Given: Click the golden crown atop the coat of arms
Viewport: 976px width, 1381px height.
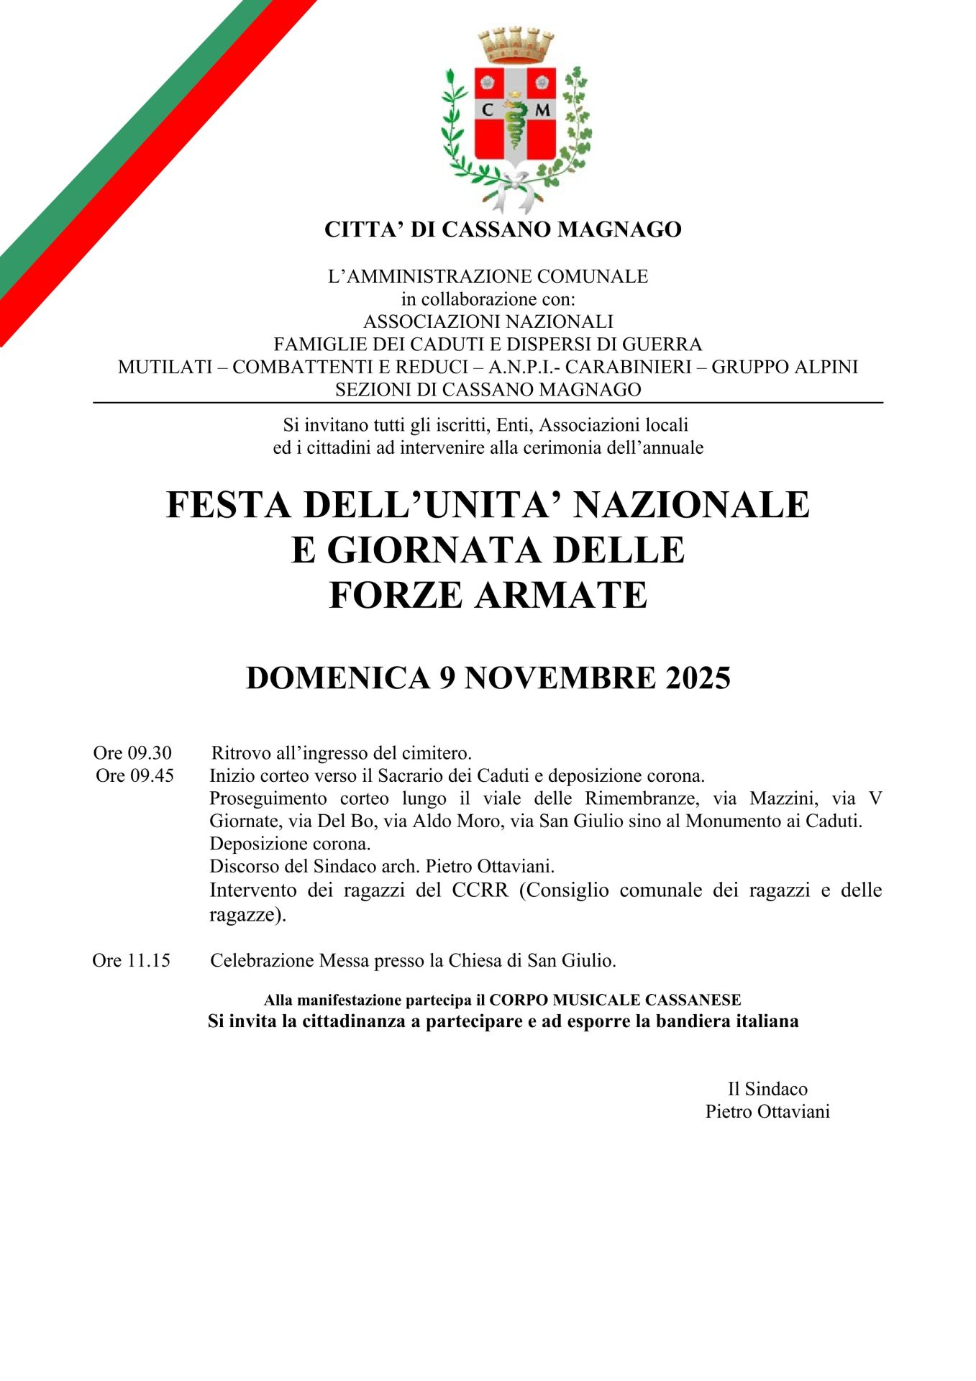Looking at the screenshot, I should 516,45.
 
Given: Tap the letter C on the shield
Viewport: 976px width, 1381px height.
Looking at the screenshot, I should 488,110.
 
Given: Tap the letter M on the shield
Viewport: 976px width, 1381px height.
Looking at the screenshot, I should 542,110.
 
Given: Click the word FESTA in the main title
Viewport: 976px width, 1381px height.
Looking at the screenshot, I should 228,505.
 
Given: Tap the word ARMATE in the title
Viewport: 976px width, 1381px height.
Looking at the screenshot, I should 561,596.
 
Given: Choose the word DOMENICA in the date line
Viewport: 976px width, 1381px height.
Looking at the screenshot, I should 337,678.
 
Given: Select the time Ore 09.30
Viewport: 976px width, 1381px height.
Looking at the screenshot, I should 132,753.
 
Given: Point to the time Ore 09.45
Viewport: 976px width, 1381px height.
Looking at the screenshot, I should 134,776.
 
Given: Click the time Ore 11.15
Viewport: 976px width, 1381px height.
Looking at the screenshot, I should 131,961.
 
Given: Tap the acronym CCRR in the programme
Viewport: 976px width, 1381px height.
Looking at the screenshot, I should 480,890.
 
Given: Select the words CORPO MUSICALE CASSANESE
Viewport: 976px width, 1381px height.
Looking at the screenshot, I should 615,1000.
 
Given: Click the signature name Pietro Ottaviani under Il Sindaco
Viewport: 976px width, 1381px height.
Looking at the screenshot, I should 767,1112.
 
